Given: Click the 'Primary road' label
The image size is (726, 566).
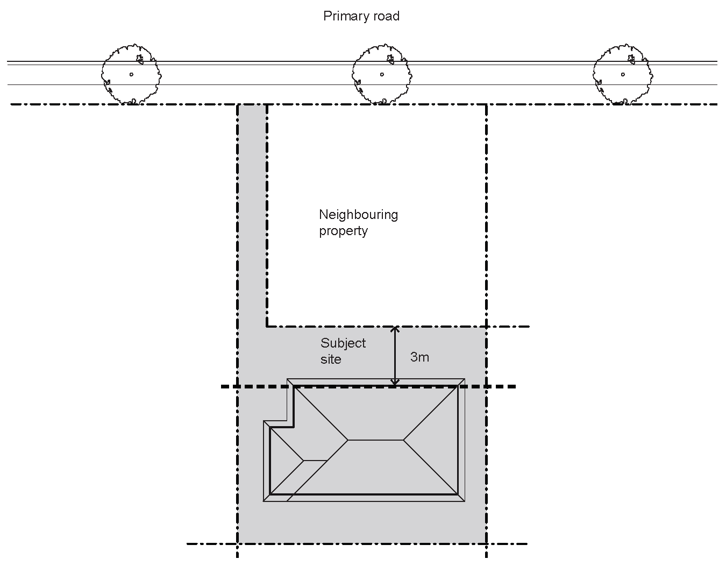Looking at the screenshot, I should pyautogui.click(x=361, y=16).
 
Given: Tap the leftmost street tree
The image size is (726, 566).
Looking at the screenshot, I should pyautogui.click(x=131, y=74).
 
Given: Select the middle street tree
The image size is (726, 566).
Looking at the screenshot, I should pyautogui.click(x=381, y=74).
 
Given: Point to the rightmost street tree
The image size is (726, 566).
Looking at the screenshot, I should pyautogui.click(x=622, y=74).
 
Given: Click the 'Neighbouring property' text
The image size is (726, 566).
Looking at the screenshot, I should pyautogui.click(x=358, y=222).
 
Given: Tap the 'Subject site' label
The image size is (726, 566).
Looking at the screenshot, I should pyautogui.click(x=343, y=351).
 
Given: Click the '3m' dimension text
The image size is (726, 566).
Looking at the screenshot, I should pyautogui.click(x=419, y=357).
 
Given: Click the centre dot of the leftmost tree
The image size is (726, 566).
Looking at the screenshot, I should pyautogui.click(x=131, y=74).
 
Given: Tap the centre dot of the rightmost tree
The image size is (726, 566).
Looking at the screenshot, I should pyautogui.click(x=623, y=74).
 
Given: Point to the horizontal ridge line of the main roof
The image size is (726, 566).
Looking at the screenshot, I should pyautogui.click(x=375, y=440).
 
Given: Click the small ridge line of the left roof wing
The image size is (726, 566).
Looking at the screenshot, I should pyautogui.click(x=316, y=461).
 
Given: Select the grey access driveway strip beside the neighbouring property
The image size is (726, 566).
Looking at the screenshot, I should pyautogui.click(x=252, y=215).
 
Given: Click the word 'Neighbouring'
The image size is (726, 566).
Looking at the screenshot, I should pyautogui.click(x=358, y=215).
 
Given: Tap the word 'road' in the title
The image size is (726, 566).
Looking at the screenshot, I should pyautogui.click(x=386, y=16).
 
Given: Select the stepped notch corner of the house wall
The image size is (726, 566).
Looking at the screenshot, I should pyautogui.click(x=294, y=427).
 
